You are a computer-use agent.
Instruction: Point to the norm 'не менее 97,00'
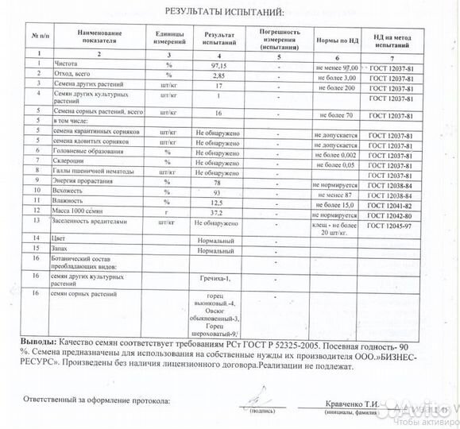point(336,70)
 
